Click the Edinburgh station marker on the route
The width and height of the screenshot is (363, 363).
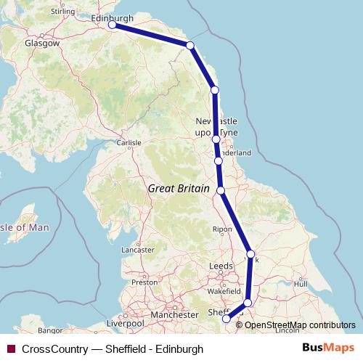113,25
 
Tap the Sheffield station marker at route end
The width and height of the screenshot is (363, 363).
226,318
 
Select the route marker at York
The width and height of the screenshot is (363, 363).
250,254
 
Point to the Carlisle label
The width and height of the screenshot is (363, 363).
129,142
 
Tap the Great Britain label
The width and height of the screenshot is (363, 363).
176,188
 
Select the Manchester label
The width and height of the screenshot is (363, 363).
174,315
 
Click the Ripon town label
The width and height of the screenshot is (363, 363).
221,229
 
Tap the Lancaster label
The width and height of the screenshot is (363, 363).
139,249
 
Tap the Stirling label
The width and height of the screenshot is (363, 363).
64,12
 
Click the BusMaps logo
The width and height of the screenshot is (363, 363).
328,348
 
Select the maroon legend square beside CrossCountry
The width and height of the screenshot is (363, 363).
10,349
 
